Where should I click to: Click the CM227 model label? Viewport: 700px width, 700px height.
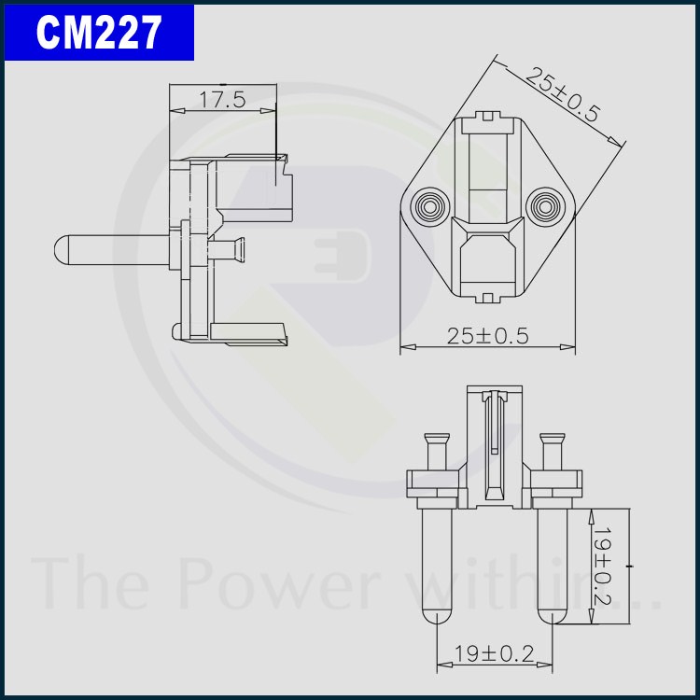(x=99, y=32)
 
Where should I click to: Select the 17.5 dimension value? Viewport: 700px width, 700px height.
(x=222, y=100)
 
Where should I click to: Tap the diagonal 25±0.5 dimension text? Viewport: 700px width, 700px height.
(x=562, y=94)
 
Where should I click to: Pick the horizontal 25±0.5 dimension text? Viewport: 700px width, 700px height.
(x=487, y=336)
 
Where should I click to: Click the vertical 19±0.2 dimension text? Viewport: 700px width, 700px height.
(x=602, y=567)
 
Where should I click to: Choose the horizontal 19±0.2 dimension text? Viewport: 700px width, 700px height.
(x=494, y=654)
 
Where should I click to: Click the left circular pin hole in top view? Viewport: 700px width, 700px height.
(x=430, y=206)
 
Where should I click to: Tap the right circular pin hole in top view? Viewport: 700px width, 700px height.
(x=545, y=206)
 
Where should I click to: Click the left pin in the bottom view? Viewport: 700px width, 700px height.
(x=437, y=567)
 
